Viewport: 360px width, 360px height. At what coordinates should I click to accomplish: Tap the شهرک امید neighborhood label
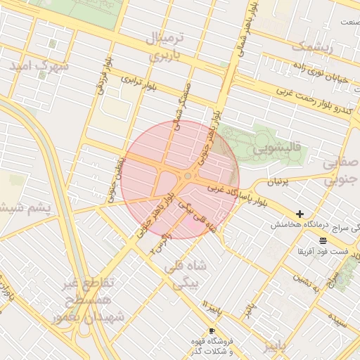(40, 65)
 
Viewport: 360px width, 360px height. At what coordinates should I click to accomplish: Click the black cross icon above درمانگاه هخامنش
(300, 213)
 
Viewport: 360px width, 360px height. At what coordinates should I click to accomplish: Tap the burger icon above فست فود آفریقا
(323, 240)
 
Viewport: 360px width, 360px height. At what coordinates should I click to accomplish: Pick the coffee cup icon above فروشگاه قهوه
(212, 330)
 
